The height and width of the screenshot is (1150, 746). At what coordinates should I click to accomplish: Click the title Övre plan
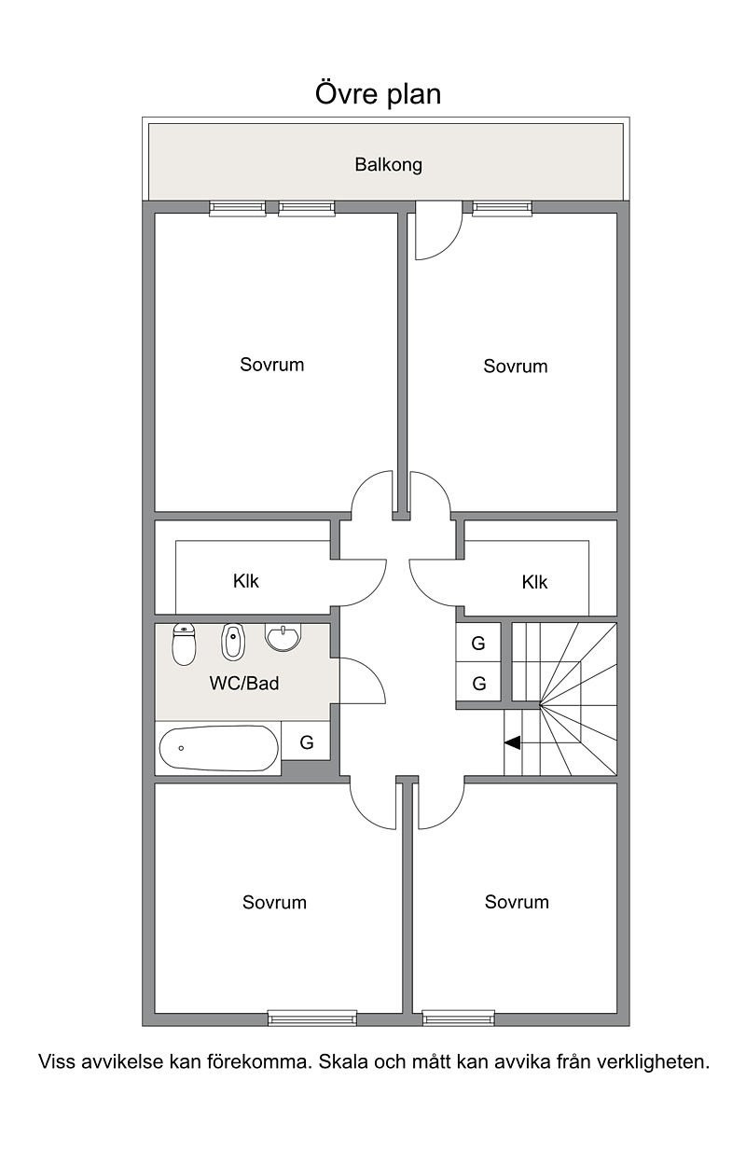click(x=378, y=94)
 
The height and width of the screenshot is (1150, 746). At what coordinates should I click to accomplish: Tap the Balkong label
click(x=388, y=165)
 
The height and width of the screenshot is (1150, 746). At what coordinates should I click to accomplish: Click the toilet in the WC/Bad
click(x=184, y=644)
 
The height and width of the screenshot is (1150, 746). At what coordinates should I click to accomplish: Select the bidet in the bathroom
click(x=233, y=642)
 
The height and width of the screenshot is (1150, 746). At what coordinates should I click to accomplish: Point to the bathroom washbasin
click(x=283, y=637)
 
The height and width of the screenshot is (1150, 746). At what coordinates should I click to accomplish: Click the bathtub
click(x=219, y=748)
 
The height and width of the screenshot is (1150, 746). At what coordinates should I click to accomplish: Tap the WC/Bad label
click(x=244, y=684)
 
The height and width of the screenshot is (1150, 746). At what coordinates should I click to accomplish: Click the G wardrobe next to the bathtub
click(x=307, y=741)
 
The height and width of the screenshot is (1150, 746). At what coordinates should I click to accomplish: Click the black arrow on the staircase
click(x=512, y=742)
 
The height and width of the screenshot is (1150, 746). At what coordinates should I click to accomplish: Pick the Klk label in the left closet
click(x=245, y=581)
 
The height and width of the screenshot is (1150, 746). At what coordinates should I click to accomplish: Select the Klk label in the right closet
click(x=534, y=582)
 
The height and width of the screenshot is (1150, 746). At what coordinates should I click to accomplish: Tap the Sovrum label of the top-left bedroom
click(x=271, y=365)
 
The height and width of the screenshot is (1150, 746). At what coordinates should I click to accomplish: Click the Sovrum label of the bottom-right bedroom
click(x=517, y=902)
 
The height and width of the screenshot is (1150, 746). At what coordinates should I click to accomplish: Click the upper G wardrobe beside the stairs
click(x=478, y=643)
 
